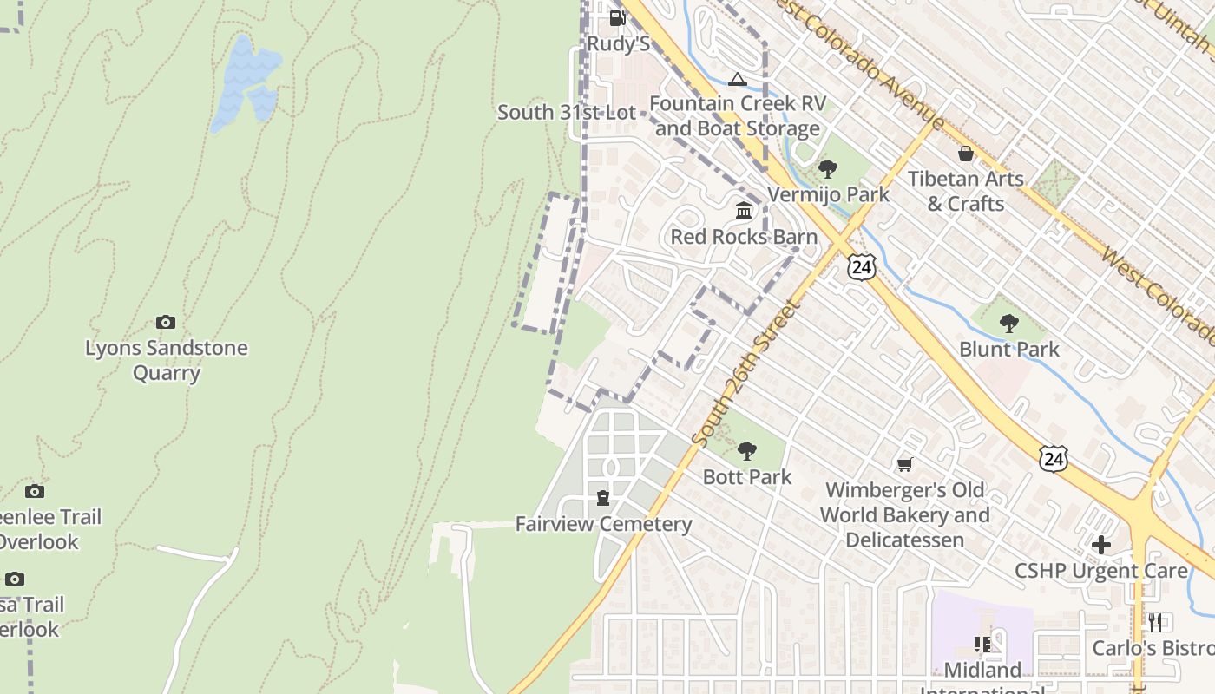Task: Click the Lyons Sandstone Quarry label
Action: (166, 360)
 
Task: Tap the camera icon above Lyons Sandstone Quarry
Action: (166, 323)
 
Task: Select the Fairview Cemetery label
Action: (603, 524)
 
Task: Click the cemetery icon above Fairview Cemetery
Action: (603, 498)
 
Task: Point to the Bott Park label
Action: (747, 476)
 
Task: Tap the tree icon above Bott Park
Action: (747, 451)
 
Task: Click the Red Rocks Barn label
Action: (744, 237)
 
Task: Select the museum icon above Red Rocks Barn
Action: (744, 211)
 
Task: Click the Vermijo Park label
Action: (829, 194)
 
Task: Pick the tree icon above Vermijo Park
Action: (828, 168)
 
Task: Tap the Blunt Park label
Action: (1009, 349)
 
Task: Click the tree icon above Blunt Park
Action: (1008, 324)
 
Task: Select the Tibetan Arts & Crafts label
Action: (966, 191)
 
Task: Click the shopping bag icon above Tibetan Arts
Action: (966, 154)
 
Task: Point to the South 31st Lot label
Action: (567, 112)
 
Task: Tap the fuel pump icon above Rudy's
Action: (617, 17)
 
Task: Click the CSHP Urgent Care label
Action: (1101, 571)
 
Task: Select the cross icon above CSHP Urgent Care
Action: (1101, 545)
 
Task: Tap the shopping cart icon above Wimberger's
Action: (905, 465)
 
